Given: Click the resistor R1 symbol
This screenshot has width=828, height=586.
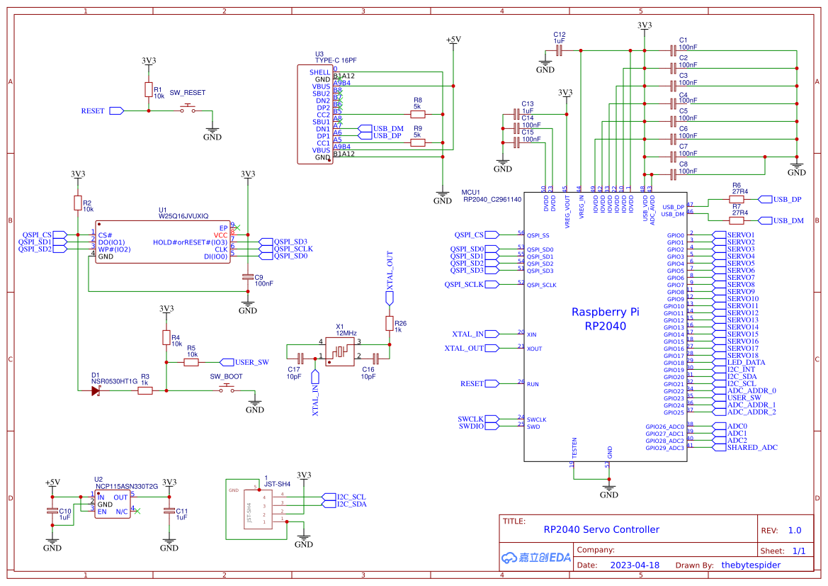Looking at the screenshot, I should click(x=148, y=89).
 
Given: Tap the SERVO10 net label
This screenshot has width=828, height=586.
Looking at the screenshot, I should click(x=742, y=298).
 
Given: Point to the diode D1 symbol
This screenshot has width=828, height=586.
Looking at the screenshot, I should click(x=96, y=390).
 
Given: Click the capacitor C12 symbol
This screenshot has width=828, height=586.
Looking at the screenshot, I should click(x=560, y=51).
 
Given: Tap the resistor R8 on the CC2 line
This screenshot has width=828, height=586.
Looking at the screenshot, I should click(x=418, y=114).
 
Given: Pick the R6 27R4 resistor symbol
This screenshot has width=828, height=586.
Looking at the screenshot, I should click(x=737, y=200).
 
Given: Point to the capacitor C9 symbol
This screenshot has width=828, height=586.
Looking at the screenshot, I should click(x=247, y=276).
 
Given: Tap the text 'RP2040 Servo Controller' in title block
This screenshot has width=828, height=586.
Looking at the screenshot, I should click(x=601, y=529).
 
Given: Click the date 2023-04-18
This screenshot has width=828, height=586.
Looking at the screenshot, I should click(x=635, y=565).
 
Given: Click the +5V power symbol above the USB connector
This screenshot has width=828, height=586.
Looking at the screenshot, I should click(x=453, y=40).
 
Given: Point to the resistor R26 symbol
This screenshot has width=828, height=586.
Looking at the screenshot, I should click(x=389, y=323).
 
